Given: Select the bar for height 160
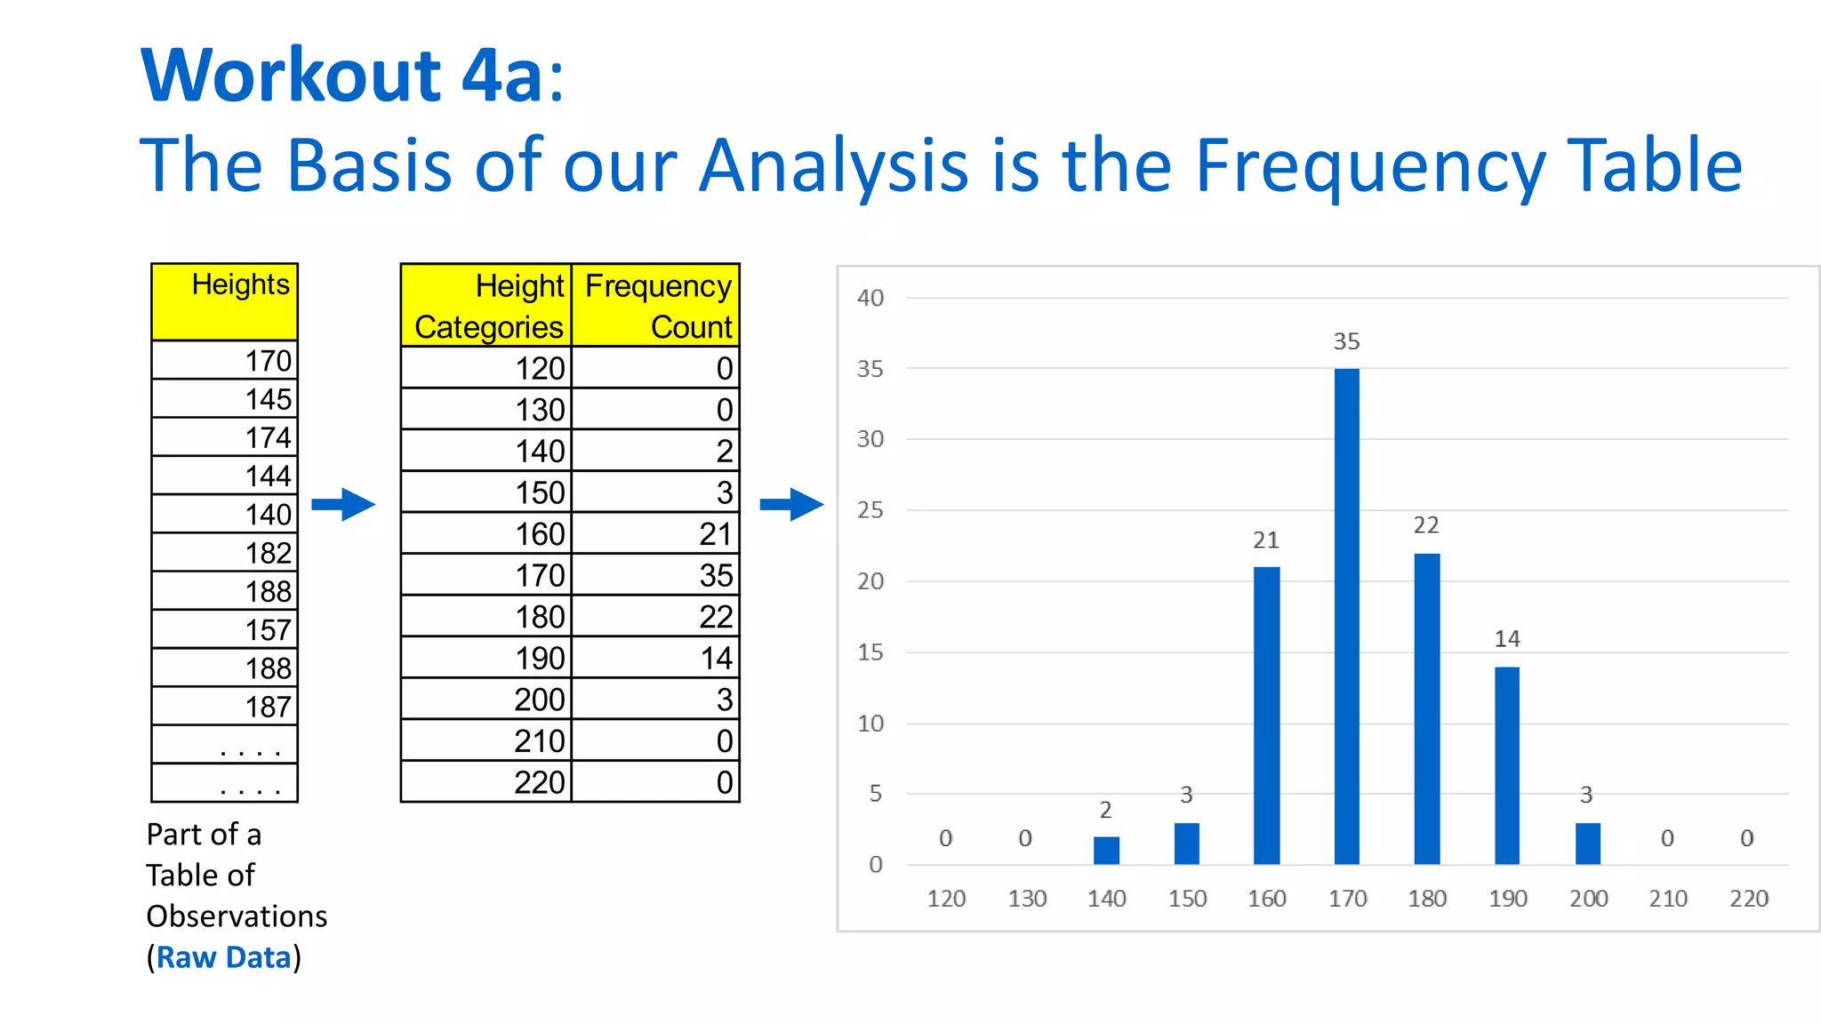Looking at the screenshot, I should coord(1266,716).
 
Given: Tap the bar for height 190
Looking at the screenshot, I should coord(1507,765).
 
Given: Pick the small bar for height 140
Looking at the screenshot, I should coord(1106,851).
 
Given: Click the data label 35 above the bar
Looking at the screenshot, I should coord(1346,341).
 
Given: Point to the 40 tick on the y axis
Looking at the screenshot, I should coord(870,298).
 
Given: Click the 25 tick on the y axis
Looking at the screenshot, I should coord(870,510).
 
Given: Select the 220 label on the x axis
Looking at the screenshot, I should coord(1748,899).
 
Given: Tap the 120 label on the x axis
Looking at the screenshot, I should coord(946,899).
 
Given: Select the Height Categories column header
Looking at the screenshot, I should coord(487,305).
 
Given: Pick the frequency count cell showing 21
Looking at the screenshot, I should coord(656,533).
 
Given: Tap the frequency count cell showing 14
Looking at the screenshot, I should coord(656,658).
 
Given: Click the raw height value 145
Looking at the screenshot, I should coord(225,399).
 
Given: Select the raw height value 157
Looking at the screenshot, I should coord(225,629).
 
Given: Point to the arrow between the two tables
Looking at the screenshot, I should coord(343,504).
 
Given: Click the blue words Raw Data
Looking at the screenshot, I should coord(224,957).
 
